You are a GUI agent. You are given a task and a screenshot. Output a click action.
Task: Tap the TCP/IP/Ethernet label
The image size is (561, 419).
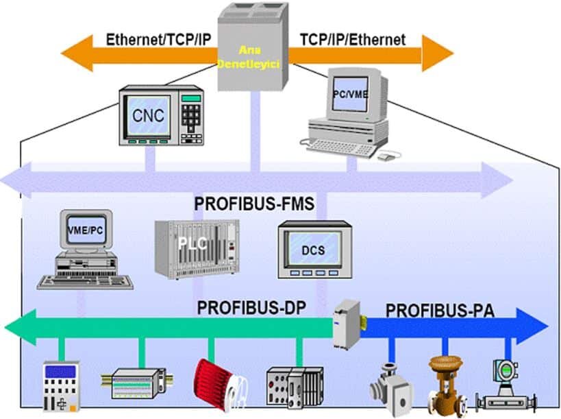[352, 39]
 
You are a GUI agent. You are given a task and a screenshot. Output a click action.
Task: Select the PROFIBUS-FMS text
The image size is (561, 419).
[254, 204]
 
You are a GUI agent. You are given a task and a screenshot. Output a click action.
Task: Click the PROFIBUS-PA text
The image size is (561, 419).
[440, 310]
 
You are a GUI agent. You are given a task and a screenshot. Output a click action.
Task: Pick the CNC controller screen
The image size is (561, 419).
[148, 116]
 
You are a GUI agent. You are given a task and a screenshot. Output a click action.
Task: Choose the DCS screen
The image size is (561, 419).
[313, 250]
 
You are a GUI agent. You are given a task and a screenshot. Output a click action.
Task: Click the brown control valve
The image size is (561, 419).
[445, 383]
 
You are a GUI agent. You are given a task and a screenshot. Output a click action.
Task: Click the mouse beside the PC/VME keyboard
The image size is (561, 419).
[387, 156]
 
